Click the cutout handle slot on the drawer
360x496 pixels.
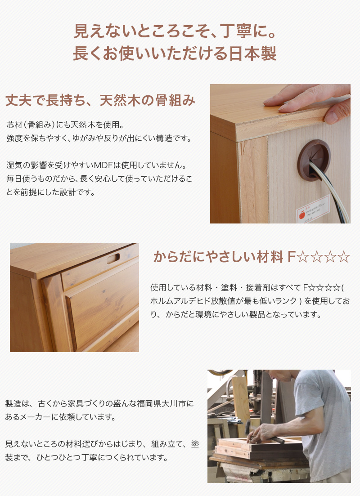pyautogui.click(x=110, y=259)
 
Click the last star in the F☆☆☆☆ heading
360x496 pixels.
pyautogui.click(x=344, y=257)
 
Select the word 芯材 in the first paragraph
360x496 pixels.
pyautogui.click(x=14, y=124)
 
